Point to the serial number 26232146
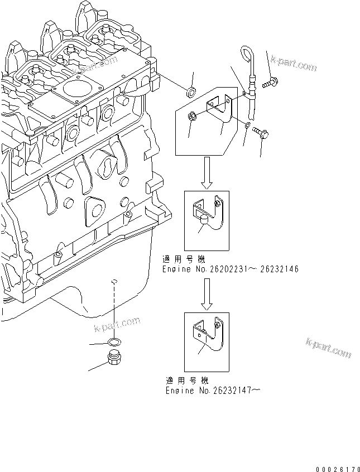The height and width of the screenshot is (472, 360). tap(277, 269)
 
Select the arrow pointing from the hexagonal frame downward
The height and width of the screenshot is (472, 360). tap(207, 172)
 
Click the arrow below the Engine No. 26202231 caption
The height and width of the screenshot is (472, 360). tap(207, 293)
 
